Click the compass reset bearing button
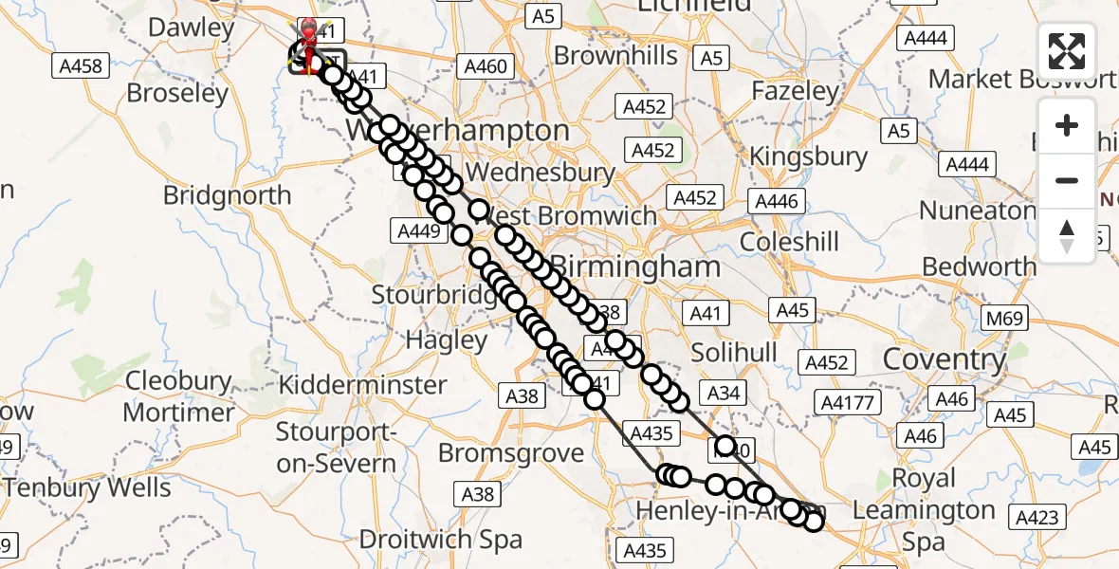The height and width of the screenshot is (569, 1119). [1067, 236]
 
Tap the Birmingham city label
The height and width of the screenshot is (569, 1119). [636, 266]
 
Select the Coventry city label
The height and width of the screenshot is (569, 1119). [945, 359]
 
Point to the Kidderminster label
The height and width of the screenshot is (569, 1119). [363, 385]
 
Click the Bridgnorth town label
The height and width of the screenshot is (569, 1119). [227, 195]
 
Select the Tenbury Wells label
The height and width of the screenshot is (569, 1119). [87, 488]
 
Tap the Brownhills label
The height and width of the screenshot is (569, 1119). [616, 56]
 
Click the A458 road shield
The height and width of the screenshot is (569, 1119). [80, 66]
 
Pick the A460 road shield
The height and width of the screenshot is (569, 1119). [486, 66]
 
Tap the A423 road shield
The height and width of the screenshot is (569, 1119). [1038, 517]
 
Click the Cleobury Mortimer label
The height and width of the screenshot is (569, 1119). [179, 397]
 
